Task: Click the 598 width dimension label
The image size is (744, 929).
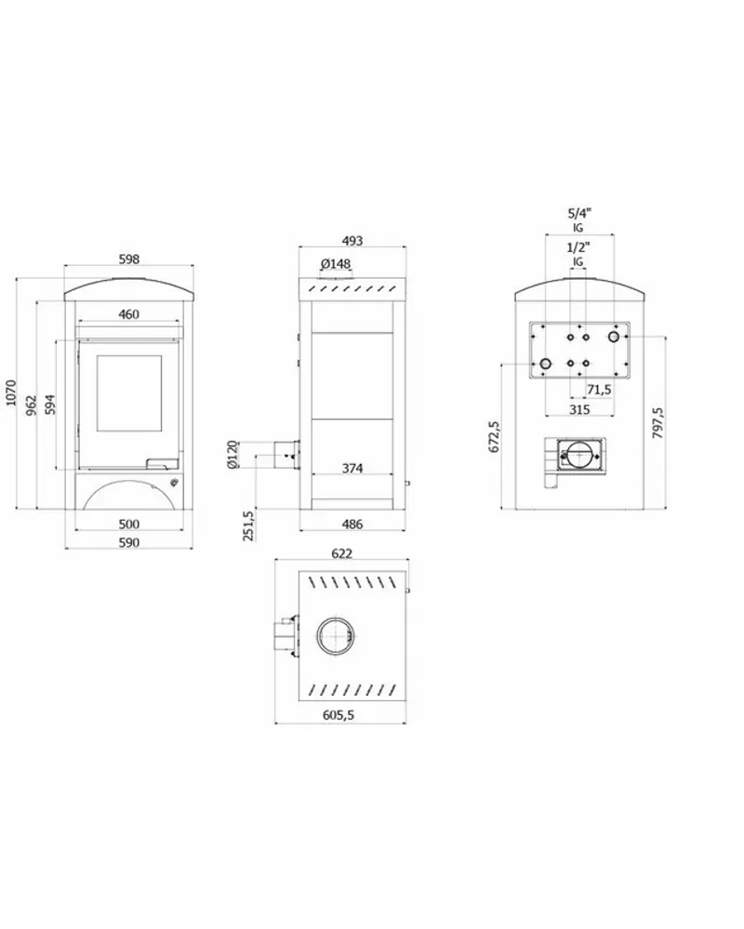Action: tap(129, 259)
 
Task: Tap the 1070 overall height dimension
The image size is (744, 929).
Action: tap(12, 392)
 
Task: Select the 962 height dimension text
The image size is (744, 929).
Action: tap(32, 405)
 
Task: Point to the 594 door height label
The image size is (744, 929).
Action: tap(51, 405)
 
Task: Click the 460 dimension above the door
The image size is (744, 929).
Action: tap(129, 314)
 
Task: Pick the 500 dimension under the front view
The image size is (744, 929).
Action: tap(129, 524)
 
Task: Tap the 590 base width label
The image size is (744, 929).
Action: tap(129, 542)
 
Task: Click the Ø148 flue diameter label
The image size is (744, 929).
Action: tap(336, 263)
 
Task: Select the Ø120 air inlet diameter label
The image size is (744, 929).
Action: tap(232, 455)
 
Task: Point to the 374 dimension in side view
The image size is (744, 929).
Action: tap(352, 468)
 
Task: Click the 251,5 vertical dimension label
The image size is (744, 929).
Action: tap(249, 524)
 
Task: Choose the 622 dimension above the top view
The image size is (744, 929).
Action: tap(342, 553)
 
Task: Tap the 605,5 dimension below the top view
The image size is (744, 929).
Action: tap(339, 715)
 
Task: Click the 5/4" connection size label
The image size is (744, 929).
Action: tap(579, 214)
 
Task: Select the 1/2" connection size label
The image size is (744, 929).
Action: tap(578, 247)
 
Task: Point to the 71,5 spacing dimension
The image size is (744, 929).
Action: tap(599, 390)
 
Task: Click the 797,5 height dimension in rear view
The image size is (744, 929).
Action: tap(658, 422)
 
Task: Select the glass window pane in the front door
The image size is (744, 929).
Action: tap(129, 393)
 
